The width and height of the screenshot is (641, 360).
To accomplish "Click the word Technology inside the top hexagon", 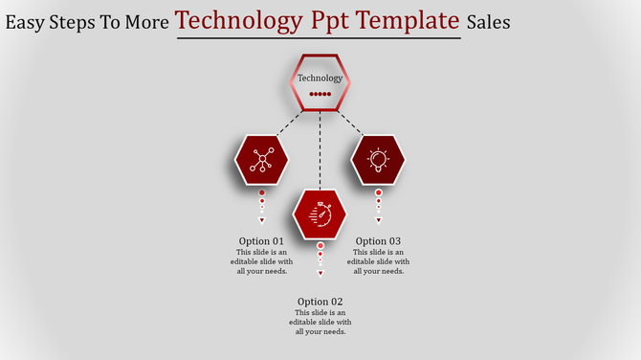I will [320, 79].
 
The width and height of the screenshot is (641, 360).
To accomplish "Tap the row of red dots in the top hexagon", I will [320, 95].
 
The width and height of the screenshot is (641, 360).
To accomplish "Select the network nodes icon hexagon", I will [261, 160].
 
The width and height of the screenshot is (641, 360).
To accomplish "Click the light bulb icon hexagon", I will [378, 160].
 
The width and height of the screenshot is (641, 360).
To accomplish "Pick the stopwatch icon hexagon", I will [320, 214].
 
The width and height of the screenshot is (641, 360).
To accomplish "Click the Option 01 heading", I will [261, 241].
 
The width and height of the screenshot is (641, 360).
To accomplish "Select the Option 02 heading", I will [320, 302].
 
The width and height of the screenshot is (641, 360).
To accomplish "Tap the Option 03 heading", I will [378, 241].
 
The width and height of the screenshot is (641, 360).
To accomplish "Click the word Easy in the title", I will [28, 21].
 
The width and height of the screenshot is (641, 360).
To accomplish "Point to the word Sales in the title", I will [488, 21].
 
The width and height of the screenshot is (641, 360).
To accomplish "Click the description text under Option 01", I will [261, 261].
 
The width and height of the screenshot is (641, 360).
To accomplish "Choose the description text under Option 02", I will [320, 322].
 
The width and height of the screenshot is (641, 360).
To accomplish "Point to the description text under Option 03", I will [378, 261].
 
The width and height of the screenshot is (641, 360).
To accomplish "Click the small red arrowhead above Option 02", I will [320, 273].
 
